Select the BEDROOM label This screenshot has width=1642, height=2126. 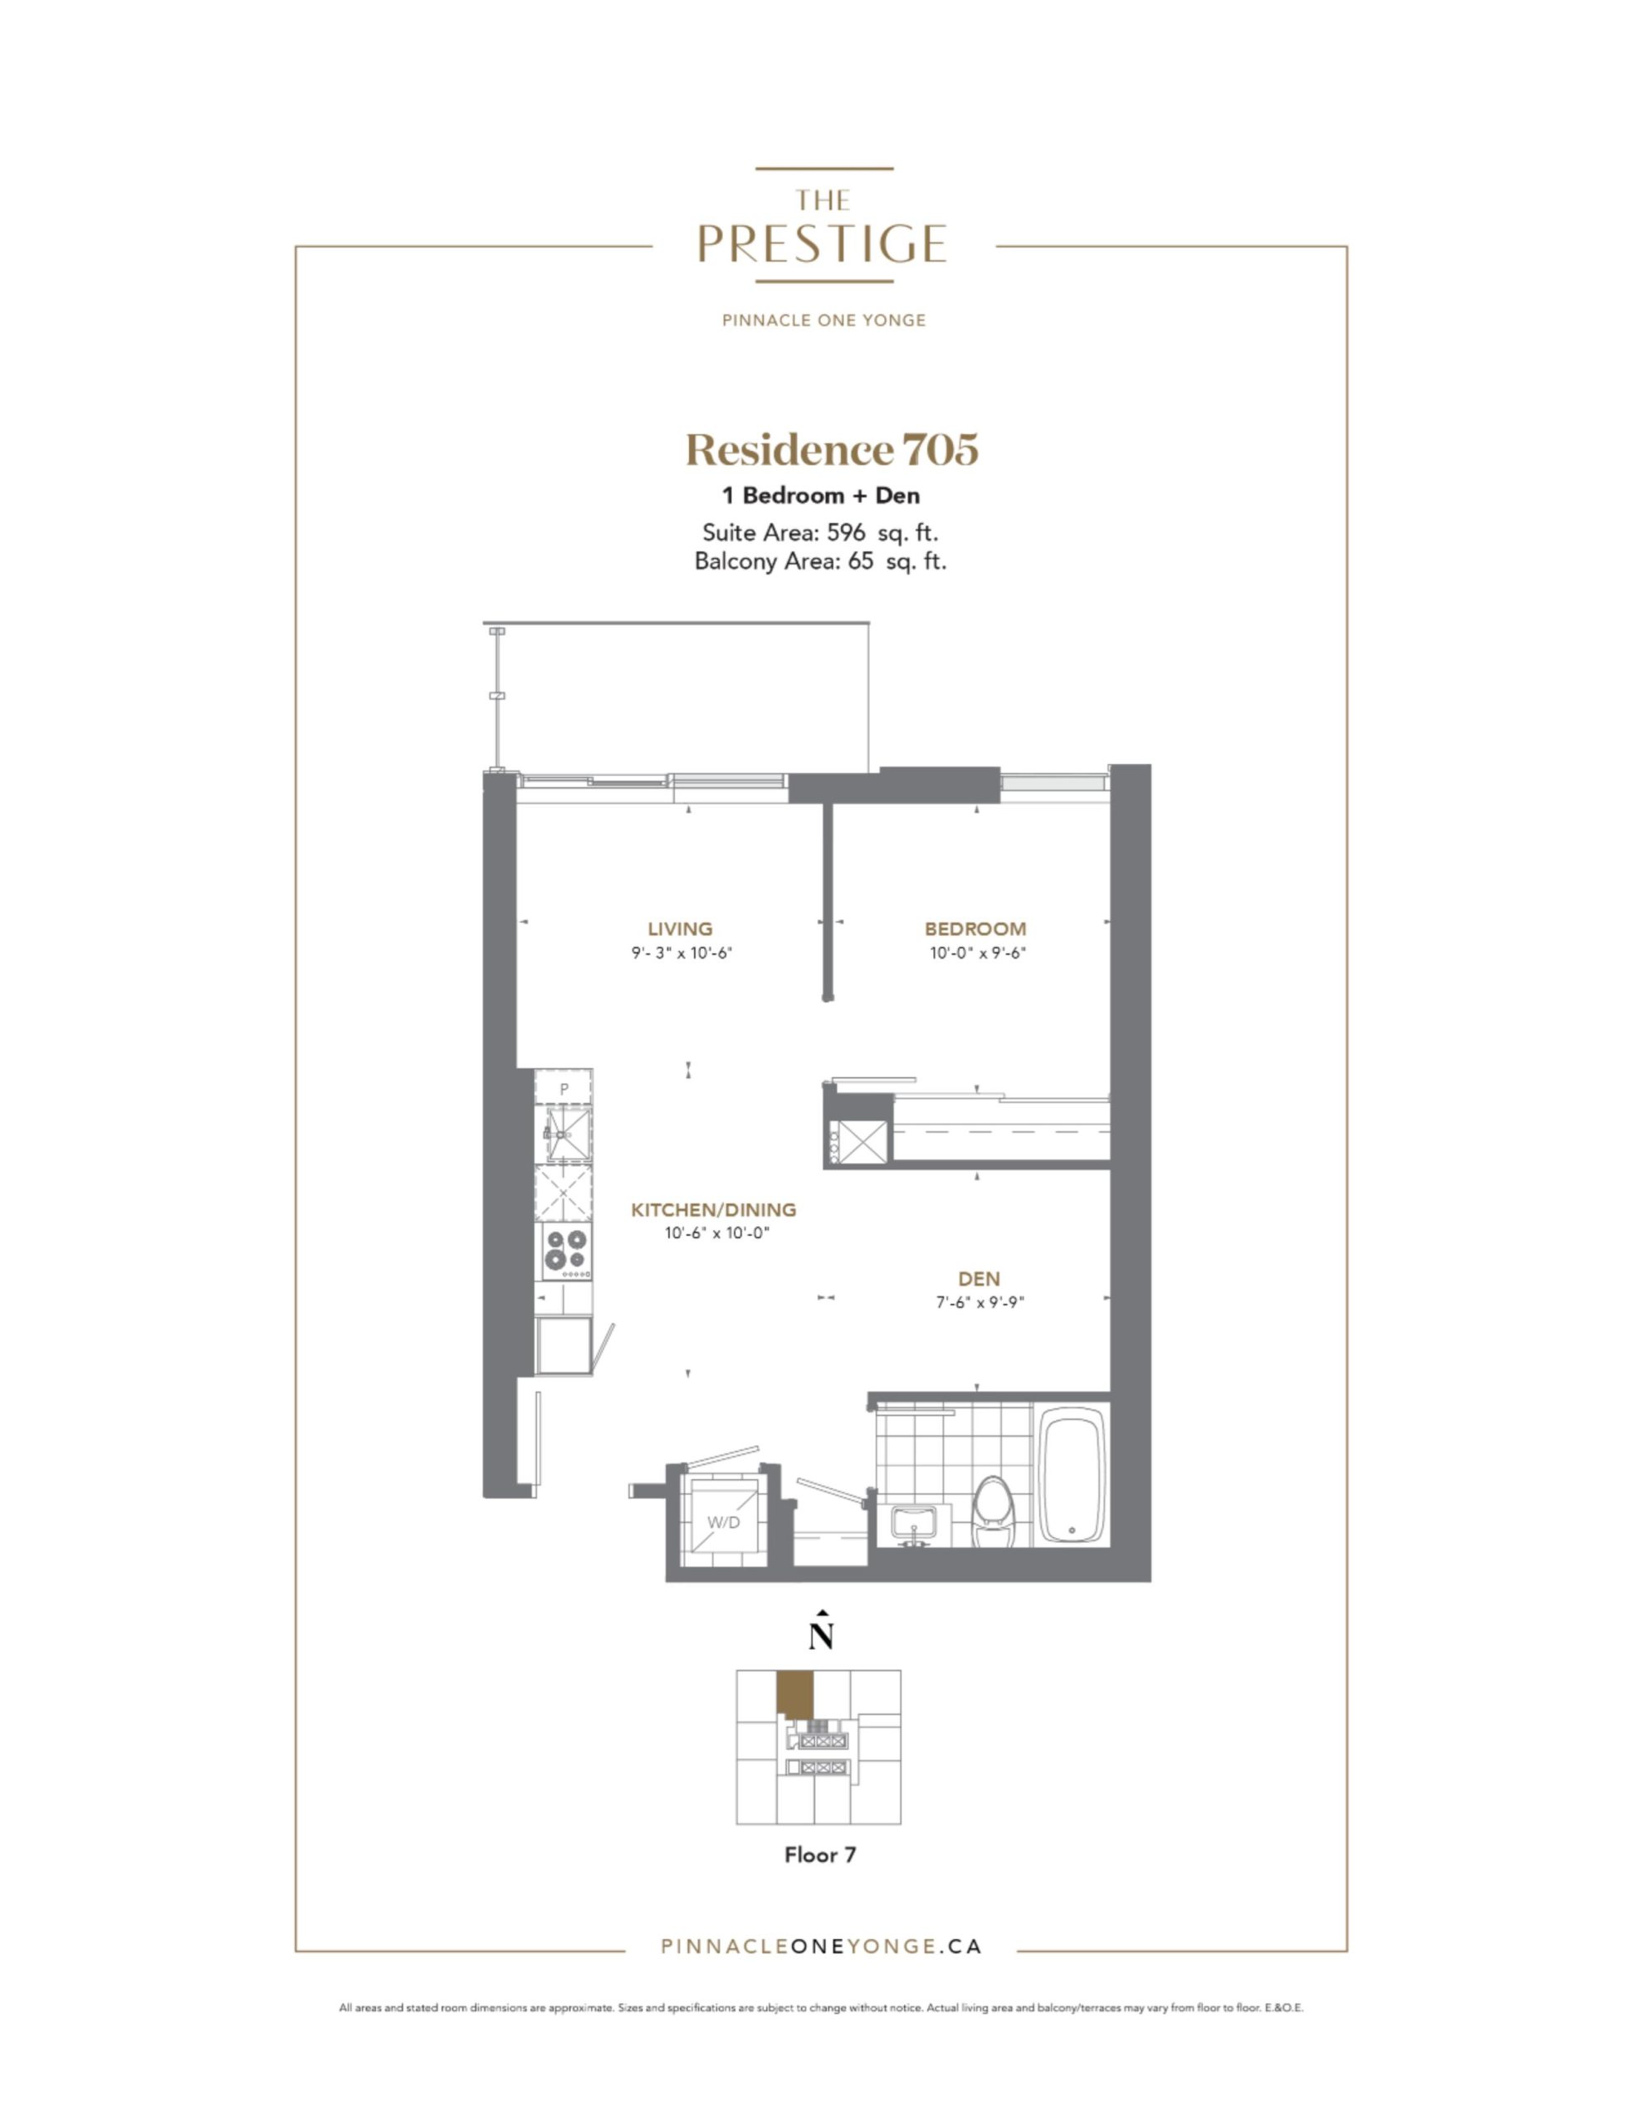point(975,928)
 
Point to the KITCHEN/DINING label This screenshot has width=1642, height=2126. point(713,1210)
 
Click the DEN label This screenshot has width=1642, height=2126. point(978,1279)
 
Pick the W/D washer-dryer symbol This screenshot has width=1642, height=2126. point(723,1522)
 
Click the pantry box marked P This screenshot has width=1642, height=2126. point(564,1088)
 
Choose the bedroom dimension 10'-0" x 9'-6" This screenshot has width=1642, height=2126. point(977,954)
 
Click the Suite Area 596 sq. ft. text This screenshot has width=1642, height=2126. point(819,532)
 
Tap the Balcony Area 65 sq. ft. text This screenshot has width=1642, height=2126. point(819,561)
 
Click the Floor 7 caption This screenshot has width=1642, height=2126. point(820,1855)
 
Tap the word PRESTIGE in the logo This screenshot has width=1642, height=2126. point(823,243)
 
